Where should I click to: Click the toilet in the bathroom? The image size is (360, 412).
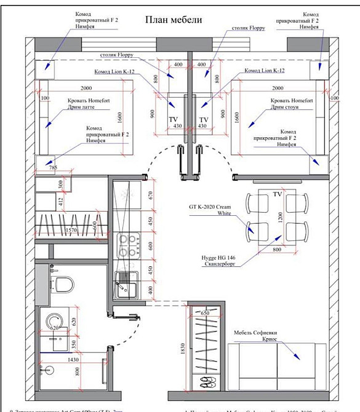[61, 284]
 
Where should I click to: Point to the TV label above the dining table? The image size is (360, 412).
[277, 194]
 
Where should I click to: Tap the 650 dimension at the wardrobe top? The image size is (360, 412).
[205, 313]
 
